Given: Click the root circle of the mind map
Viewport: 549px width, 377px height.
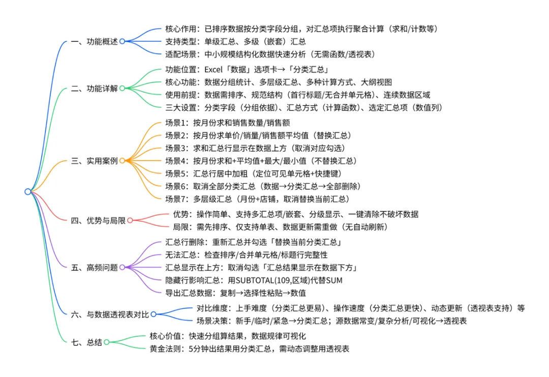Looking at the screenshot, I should pyautogui.click(x=27, y=192).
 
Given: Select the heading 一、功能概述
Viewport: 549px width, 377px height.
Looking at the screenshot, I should pyautogui.click(x=94, y=41).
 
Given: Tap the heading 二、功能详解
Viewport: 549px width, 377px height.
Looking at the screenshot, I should pyautogui.click(x=94, y=88).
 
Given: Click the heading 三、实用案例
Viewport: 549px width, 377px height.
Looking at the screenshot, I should pyautogui.click(x=94, y=161).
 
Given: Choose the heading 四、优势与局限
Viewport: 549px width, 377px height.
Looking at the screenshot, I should pyautogui.click(x=98, y=220).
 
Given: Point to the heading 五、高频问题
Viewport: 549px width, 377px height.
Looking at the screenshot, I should pyautogui.click(x=94, y=267).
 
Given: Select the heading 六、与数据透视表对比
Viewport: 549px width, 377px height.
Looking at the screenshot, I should pyautogui.click(x=110, y=315).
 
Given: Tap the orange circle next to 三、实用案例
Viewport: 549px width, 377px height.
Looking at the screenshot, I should pyautogui.click(x=122, y=161).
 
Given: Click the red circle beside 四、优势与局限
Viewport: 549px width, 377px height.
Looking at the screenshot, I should pyautogui.click(x=130, y=220).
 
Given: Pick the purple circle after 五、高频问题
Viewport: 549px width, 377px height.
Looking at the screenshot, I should pyautogui.click(x=122, y=267).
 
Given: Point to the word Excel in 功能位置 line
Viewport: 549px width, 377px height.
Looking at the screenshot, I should pyautogui.click(x=214, y=70).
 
